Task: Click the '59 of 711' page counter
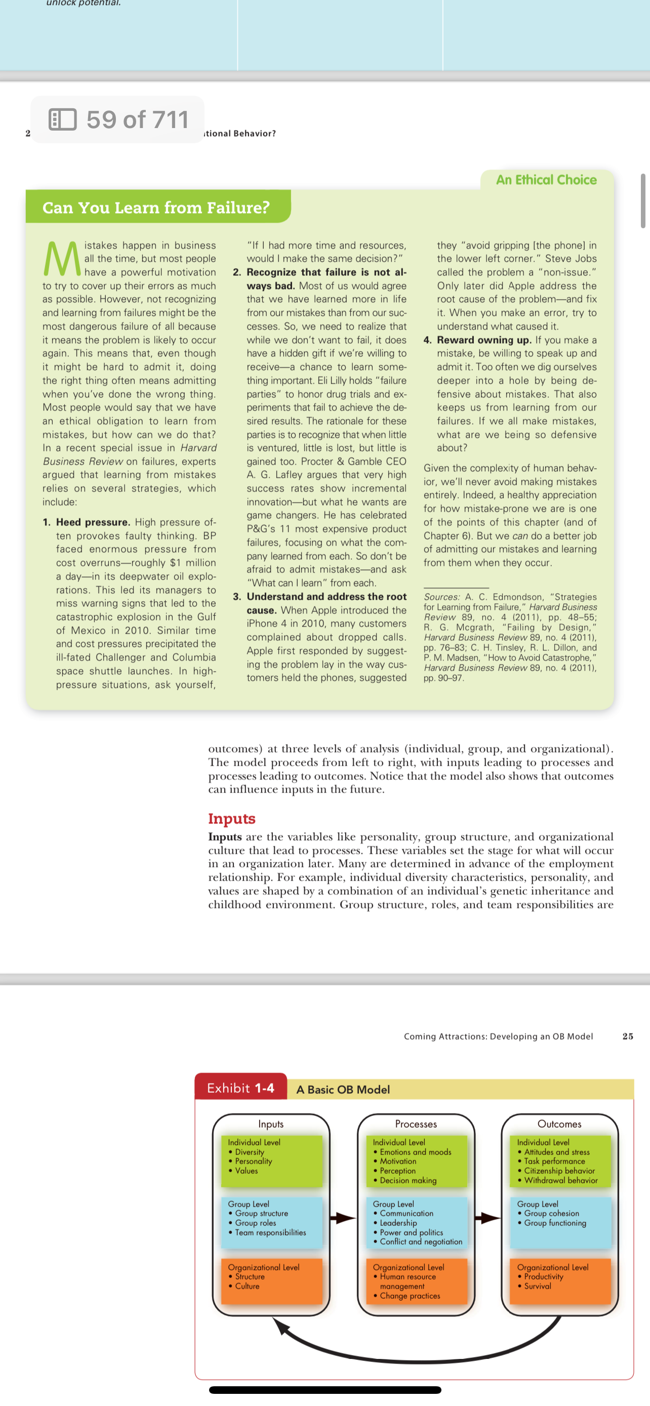[x=137, y=119]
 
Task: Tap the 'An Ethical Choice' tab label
[x=546, y=180]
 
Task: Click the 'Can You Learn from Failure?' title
[x=156, y=208]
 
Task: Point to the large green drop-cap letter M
[x=61, y=259]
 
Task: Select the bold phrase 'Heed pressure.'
[x=93, y=522]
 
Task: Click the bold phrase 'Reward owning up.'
[x=483, y=340]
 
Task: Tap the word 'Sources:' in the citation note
[x=441, y=597]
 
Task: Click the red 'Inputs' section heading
[x=231, y=818]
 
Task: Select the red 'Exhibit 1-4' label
[x=240, y=1088]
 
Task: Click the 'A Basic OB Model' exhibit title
[x=343, y=1090]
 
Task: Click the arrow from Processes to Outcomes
[x=487, y=1218]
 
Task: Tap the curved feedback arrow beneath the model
[x=420, y=1348]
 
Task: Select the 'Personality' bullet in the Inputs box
[x=253, y=1162]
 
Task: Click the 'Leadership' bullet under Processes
[x=398, y=1223]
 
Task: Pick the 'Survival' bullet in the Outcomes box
[x=537, y=1287]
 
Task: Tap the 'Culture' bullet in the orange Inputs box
[x=247, y=1287]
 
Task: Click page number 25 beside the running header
[x=628, y=1037]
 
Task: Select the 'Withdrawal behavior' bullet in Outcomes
[x=560, y=1181]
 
